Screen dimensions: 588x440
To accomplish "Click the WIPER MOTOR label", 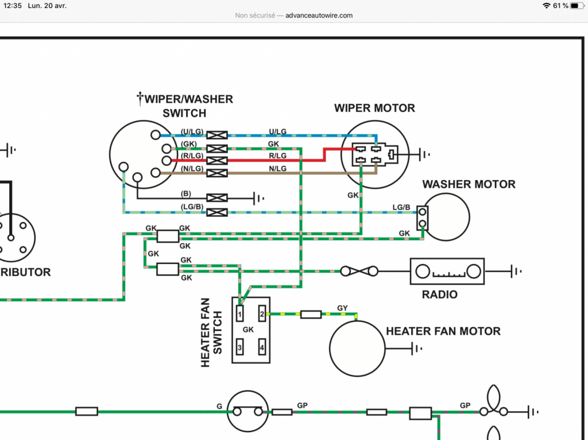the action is coord(374,108).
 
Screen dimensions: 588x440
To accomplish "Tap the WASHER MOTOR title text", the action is coord(469,184).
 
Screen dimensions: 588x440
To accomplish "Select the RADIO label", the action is coord(439,295).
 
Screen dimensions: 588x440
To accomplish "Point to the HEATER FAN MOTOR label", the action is coord(443,332).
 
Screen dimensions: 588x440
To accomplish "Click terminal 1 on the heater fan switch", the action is coord(239,314).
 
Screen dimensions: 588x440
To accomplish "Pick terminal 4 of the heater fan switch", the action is coord(262,347).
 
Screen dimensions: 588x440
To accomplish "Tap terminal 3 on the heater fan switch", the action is coord(239,347).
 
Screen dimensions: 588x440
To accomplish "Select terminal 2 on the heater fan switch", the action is coord(262,314).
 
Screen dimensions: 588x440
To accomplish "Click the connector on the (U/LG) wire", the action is coord(217,135).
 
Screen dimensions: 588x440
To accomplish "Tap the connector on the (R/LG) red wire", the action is coord(217,161).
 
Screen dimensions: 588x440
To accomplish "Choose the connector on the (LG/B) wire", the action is coord(217,212).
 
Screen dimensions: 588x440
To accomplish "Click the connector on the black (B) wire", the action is coord(217,198).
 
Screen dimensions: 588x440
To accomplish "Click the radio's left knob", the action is coord(423,271).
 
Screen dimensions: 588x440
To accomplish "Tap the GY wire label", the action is coord(342,308).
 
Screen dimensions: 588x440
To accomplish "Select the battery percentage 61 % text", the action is coord(560,6).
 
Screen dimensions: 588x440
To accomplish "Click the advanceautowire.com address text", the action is coord(319,15).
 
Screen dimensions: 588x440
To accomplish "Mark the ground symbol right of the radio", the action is coord(516,271).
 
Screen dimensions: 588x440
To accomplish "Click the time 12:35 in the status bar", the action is coord(13,6).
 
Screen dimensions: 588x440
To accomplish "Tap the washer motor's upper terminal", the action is coord(423,212).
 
